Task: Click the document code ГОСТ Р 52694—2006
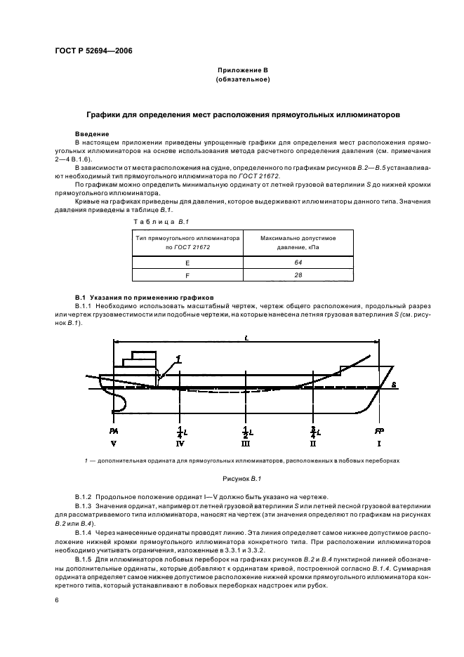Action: (93, 51)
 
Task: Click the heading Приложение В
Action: (243, 71)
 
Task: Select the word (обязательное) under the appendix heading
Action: (243, 80)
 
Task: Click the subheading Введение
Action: (91, 133)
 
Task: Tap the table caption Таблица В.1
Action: (159, 221)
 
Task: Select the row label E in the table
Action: (187, 262)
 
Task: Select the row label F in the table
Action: (187, 276)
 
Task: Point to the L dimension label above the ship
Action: (246, 338)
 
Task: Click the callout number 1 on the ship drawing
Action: (180, 359)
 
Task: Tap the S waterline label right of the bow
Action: (394, 385)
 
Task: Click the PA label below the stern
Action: (113, 430)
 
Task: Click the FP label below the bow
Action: (378, 430)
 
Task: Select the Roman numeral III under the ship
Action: (245, 444)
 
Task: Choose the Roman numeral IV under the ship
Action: (180, 444)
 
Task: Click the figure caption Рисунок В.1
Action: (243, 479)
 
